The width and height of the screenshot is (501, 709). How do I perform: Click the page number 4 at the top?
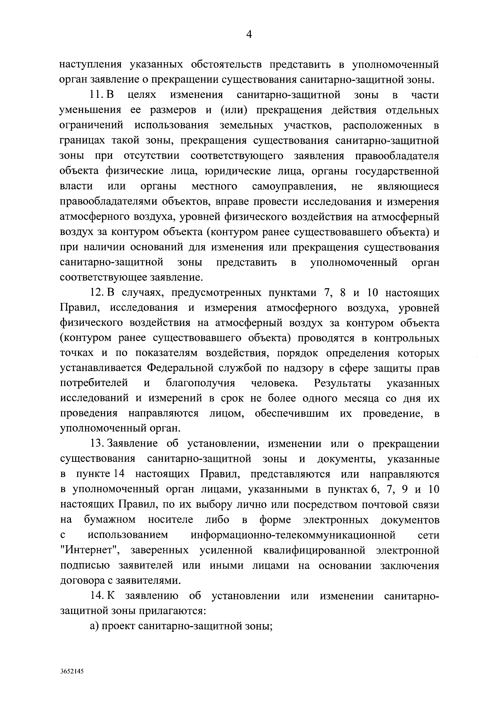click(x=249, y=35)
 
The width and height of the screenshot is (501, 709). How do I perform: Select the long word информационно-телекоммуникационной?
click(x=293, y=535)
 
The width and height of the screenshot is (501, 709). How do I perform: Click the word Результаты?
click(x=342, y=384)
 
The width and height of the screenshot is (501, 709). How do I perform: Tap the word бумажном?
click(x=110, y=520)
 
